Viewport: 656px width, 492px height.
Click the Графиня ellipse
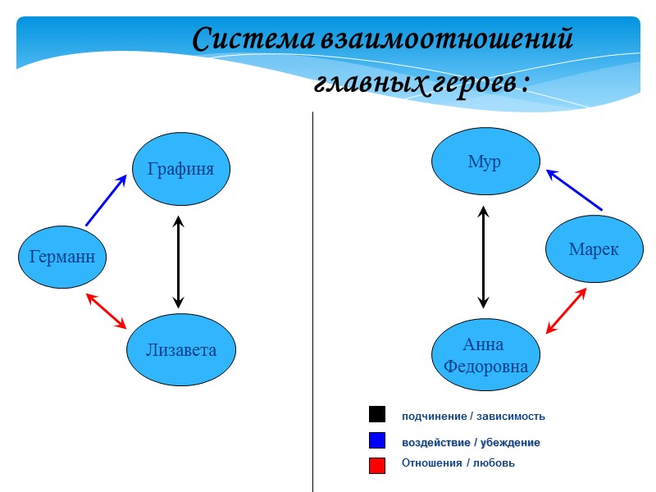click(x=181, y=170)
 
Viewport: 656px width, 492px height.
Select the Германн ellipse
click(x=62, y=257)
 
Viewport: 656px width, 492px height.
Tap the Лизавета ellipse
click(x=181, y=350)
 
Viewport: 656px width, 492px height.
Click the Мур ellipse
click(x=485, y=162)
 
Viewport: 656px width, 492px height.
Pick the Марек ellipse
click(x=594, y=249)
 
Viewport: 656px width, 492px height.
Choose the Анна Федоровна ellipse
click(x=485, y=354)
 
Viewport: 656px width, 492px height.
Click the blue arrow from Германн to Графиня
click(x=106, y=200)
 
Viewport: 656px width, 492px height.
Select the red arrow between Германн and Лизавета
click(x=107, y=312)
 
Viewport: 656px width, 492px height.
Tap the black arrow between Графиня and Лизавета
click(x=178, y=262)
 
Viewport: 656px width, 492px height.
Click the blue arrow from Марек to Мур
click(x=574, y=189)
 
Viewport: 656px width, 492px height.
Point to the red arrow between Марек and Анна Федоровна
click(x=566, y=311)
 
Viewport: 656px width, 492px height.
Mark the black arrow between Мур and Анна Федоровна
click(x=484, y=257)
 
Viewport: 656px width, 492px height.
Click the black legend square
click(x=377, y=414)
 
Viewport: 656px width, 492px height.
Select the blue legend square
click(x=377, y=440)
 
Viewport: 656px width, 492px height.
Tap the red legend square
click(x=377, y=465)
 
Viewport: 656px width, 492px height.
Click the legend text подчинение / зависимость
click(x=473, y=417)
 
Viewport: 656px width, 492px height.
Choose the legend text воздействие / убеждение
click(x=471, y=443)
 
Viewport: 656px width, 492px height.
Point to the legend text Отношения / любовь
click(x=458, y=463)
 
